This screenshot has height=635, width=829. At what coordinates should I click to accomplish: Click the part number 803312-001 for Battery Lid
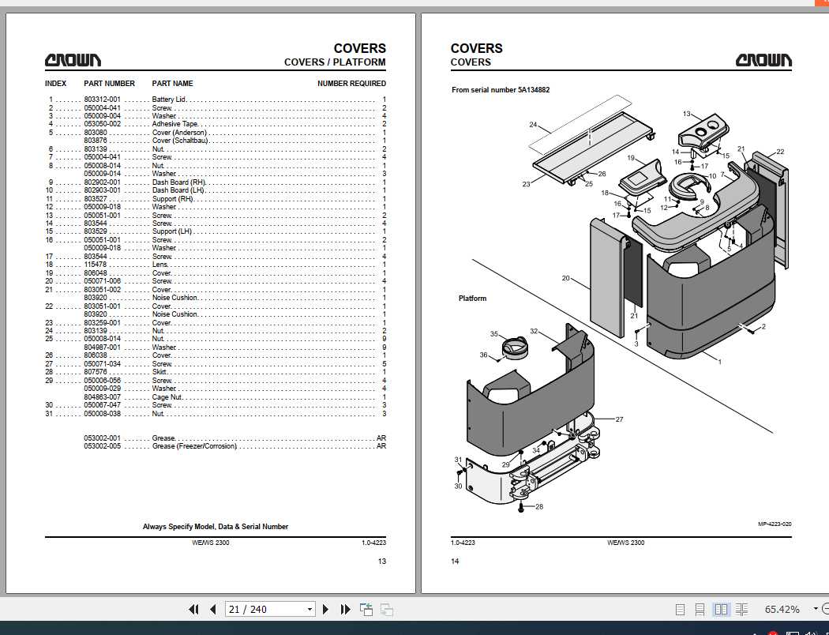[102, 100]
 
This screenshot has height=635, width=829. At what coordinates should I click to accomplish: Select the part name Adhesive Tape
[175, 124]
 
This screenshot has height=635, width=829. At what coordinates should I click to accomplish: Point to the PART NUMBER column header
[109, 84]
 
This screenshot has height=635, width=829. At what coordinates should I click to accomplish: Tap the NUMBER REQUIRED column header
[351, 84]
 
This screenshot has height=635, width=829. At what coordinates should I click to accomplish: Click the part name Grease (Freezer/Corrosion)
[194, 446]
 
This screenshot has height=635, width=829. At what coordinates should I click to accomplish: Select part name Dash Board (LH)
[178, 190]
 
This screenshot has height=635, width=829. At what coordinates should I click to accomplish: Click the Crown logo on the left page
[73, 60]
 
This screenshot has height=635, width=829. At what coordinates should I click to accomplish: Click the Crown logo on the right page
[763, 60]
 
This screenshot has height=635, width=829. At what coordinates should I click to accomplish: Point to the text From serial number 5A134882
[501, 90]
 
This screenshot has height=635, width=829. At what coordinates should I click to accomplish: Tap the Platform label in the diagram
[472, 299]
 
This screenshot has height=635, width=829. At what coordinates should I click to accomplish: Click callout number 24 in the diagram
[533, 125]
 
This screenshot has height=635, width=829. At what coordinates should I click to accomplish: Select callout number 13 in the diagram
[686, 114]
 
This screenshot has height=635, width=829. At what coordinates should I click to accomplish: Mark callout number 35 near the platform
[493, 333]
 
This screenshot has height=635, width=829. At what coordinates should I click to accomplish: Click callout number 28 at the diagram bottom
[539, 506]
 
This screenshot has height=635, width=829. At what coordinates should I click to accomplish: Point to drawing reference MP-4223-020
[775, 524]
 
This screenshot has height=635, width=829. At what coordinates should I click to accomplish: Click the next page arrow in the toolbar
[325, 610]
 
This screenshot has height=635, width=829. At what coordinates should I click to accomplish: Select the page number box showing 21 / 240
[270, 610]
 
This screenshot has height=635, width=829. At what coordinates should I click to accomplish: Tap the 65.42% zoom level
[782, 610]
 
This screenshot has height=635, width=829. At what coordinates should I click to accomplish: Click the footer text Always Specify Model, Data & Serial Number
[216, 527]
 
